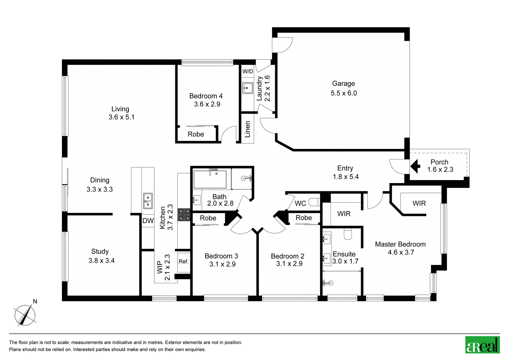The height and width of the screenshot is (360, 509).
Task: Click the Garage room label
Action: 343,84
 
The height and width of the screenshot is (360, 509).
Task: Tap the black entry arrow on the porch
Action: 415,166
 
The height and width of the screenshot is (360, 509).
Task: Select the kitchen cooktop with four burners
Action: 184,215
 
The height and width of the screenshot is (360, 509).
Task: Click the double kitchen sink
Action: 148,201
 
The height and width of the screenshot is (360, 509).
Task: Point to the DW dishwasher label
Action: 148,221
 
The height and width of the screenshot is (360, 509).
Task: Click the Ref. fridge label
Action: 184,262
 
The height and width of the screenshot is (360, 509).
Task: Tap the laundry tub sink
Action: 248,88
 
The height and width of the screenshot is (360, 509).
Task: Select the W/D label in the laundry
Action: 248,71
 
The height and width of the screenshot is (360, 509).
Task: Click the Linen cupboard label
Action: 248,130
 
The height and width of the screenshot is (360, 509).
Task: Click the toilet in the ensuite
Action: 348,234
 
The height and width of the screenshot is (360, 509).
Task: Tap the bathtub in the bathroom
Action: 210,180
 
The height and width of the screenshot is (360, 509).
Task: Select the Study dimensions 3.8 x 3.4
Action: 101,261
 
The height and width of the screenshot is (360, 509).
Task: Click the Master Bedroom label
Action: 401,244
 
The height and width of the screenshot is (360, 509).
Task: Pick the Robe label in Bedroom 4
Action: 196,134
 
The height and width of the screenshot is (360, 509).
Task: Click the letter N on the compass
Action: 35,301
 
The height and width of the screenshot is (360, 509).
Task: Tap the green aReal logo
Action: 482,345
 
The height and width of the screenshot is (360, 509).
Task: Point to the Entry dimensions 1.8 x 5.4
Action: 345,177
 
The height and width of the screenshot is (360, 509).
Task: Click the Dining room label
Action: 100,180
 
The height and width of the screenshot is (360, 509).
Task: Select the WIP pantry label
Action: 160,267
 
